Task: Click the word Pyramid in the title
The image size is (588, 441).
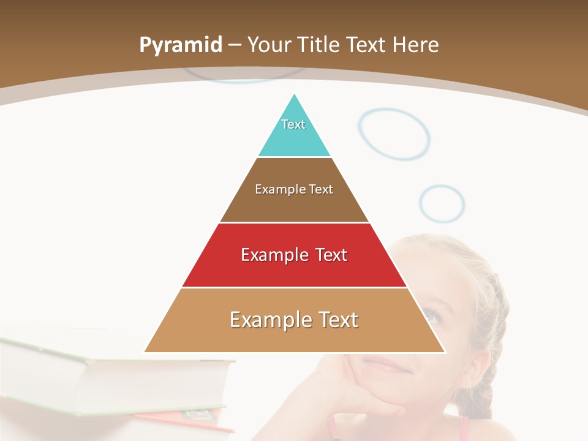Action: point(180,45)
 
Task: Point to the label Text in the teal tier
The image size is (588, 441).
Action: point(293,124)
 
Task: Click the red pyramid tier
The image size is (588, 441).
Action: point(214,269)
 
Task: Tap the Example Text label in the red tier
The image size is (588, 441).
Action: point(294,255)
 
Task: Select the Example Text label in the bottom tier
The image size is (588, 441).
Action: point(294,320)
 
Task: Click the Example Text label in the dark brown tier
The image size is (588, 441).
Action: point(294,189)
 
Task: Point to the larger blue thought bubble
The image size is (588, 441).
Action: point(394,134)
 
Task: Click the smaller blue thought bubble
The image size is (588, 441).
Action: point(442,203)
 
